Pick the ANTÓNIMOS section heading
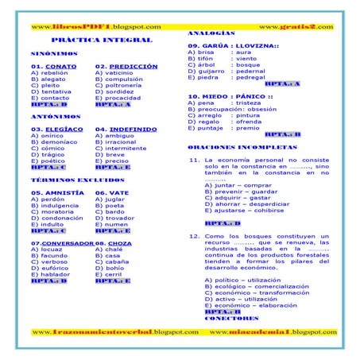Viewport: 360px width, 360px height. (x=55, y=116)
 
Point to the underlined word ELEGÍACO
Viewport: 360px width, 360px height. (x=64, y=129)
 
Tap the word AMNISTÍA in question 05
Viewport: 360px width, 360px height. (x=61, y=193)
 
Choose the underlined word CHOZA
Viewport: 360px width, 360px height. (x=121, y=242)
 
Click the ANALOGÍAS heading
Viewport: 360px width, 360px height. (x=211, y=34)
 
